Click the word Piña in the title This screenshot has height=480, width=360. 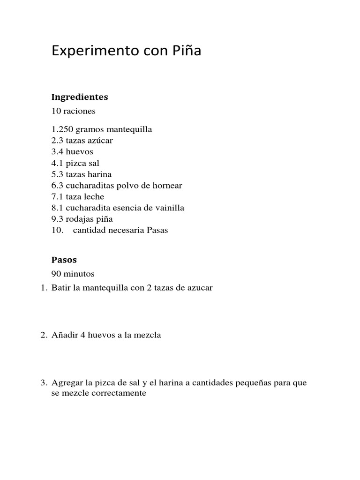(187, 51)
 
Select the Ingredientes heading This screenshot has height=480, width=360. (80, 97)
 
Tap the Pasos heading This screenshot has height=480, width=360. (64, 260)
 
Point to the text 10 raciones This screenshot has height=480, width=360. (74, 111)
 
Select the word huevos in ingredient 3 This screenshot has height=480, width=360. (80, 152)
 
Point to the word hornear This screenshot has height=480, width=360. (165, 186)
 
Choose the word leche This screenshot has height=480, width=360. (94, 197)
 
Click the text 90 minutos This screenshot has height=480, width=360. (73, 274)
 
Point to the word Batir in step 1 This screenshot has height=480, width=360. (61, 288)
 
